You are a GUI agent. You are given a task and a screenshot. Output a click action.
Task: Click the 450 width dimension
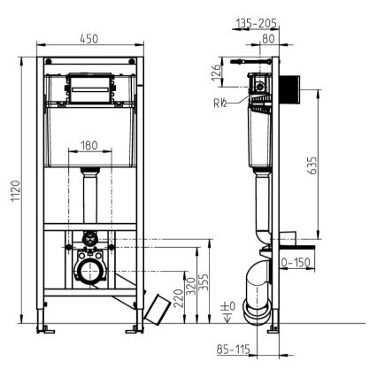[87, 38]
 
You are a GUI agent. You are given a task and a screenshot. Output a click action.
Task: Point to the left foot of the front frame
[42, 329]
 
